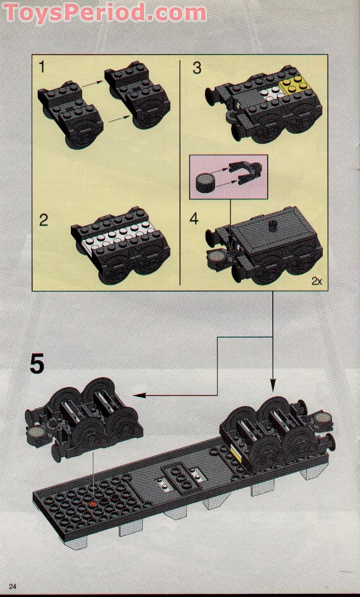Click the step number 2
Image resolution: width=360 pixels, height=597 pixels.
[44, 220]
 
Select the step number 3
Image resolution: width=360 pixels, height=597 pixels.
[197, 68]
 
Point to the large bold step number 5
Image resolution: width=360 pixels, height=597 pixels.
[37, 364]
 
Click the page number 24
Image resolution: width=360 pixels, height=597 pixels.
[12, 587]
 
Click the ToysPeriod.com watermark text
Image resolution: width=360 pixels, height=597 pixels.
[105, 12]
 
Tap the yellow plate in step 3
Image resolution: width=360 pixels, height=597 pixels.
[293, 85]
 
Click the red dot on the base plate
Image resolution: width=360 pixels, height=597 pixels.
[93, 504]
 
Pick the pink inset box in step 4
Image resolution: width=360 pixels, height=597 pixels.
[228, 177]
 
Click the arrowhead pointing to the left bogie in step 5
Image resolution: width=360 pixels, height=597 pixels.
[136, 394]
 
